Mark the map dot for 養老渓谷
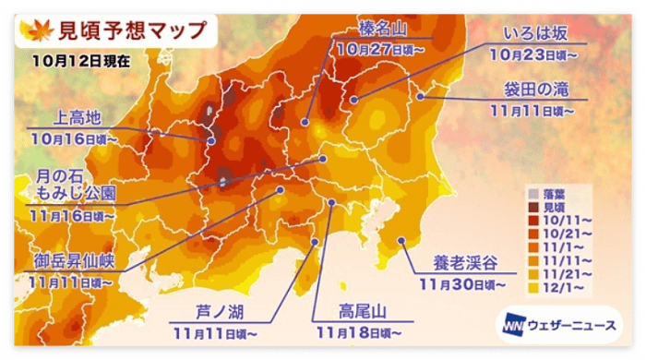pyautogui.click(x=401, y=240)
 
